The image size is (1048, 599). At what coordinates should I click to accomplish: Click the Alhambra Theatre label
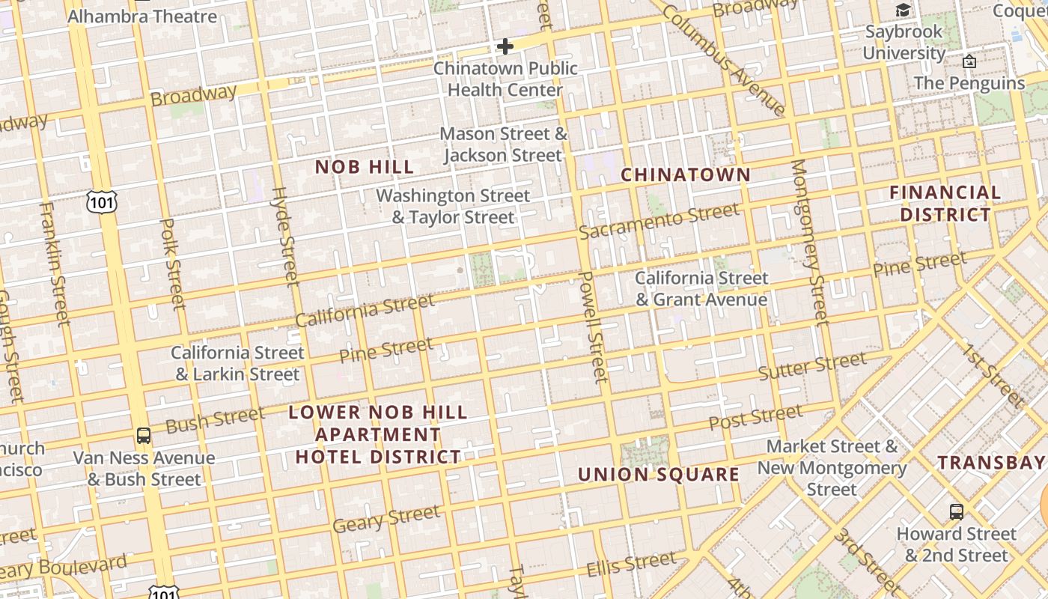[x=142, y=16]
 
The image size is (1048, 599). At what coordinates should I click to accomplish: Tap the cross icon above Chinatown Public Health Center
[x=505, y=46]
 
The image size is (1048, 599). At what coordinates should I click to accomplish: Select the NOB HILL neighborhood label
[x=365, y=167]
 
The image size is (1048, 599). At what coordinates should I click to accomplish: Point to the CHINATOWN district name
[x=686, y=174]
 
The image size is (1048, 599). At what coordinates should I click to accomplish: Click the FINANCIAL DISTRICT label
[x=945, y=204]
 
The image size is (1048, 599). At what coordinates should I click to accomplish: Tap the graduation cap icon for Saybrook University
[x=904, y=10]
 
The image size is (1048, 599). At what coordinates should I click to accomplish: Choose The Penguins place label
[x=969, y=82]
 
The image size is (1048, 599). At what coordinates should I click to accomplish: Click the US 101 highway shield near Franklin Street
[x=101, y=201]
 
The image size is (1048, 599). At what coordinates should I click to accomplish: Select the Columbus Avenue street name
[x=723, y=60]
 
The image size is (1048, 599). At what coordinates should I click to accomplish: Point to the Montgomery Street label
[x=810, y=242]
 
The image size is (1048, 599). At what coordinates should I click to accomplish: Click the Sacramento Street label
[x=659, y=221]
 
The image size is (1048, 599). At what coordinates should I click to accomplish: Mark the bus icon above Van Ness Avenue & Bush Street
[x=143, y=435]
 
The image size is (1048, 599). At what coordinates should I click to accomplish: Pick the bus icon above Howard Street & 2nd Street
[x=956, y=512]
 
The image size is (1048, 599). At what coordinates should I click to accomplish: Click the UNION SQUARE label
[x=659, y=475]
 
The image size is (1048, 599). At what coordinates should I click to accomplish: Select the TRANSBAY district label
[x=991, y=463]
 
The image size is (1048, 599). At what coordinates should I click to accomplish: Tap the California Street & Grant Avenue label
[x=701, y=289]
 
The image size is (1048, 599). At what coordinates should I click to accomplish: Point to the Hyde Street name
[x=284, y=236]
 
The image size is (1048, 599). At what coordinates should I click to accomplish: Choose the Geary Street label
[x=386, y=519]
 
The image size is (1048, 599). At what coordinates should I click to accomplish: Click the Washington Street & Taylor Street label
[x=453, y=207]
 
